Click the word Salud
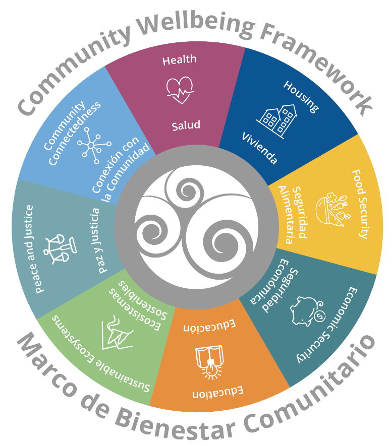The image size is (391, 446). tap(186, 125)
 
